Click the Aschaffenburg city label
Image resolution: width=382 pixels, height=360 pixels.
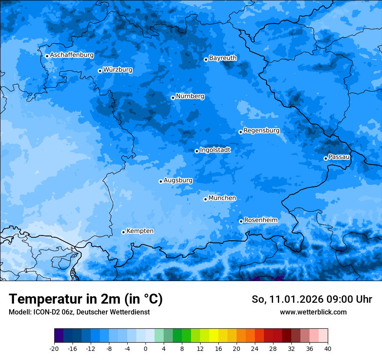coord(72,55)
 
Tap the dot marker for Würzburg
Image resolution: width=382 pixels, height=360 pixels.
coord(100,71)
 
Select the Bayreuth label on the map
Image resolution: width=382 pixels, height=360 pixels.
coord(223,58)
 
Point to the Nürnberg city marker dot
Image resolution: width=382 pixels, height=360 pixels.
coord(173,98)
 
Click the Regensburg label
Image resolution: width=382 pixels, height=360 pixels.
coord(261,131)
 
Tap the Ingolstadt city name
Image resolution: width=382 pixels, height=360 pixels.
coord(215,150)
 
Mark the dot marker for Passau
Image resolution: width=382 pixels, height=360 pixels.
coord(326,158)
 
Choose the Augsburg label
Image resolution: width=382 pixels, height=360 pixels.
coord(178,180)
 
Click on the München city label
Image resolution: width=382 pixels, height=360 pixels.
coord(222,198)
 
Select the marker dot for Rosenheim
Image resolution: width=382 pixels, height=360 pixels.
coord(241,222)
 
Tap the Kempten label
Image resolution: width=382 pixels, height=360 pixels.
coord(140,231)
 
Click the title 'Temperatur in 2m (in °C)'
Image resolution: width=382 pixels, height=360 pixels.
coord(86,299)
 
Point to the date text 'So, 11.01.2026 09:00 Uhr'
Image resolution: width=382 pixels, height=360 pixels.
coord(312,299)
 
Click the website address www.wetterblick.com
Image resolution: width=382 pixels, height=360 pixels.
coord(313,312)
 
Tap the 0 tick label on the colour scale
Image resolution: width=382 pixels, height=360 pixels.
coord(145,349)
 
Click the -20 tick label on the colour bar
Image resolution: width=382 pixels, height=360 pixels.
coord(54,349)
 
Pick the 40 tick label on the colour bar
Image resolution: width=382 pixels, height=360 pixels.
coord(328,349)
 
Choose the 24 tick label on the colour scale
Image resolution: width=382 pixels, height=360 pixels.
coord(255,349)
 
